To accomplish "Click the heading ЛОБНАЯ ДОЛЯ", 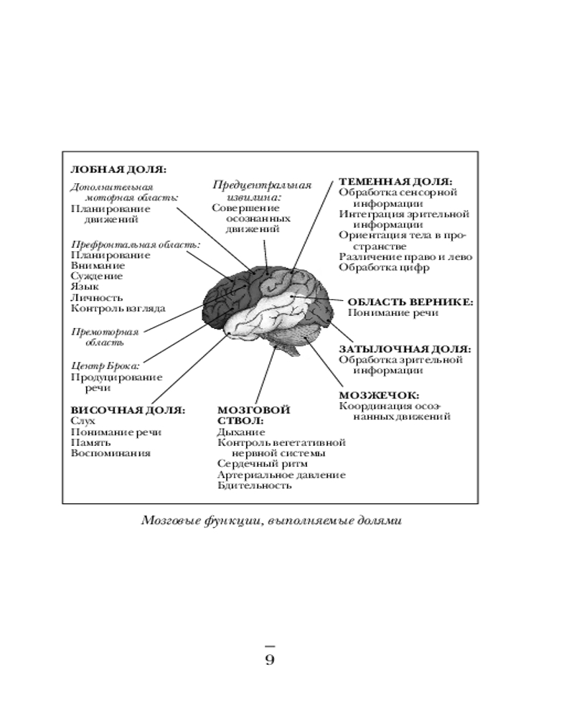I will (x=118, y=170).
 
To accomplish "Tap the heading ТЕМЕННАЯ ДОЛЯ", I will (x=395, y=182).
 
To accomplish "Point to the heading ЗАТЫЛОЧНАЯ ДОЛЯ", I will (x=405, y=348).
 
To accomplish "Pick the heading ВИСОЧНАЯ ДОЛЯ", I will (x=127, y=410).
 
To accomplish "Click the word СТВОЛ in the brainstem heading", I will (x=240, y=421).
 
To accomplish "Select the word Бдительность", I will (x=254, y=485).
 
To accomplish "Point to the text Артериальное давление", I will (x=281, y=475).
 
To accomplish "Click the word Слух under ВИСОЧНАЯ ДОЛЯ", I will (x=83, y=421).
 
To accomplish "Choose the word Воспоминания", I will (x=110, y=453).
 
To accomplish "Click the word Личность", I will (x=96, y=297).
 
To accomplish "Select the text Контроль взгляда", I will (x=118, y=308).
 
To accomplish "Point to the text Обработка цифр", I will (x=384, y=268).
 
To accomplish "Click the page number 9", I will (x=270, y=659).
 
